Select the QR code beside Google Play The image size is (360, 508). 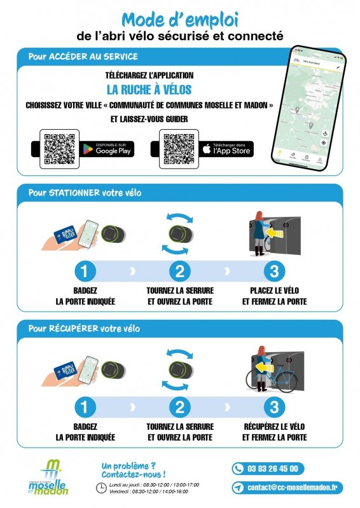[59, 149]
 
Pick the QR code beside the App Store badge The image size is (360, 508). [178, 149]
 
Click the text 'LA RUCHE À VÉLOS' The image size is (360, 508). [149, 90]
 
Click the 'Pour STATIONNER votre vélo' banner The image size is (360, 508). [85, 193]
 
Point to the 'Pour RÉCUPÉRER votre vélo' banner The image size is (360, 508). [84, 329]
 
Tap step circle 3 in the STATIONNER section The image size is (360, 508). [274, 272]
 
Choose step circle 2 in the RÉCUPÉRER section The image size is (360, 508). [180, 408]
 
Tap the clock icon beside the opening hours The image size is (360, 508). [102, 488]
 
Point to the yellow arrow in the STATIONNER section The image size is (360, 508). [275, 235]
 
